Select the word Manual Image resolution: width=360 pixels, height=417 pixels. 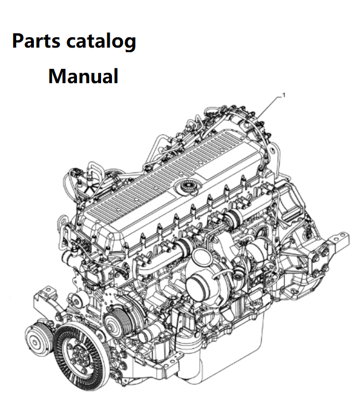[x=83, y=76]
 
